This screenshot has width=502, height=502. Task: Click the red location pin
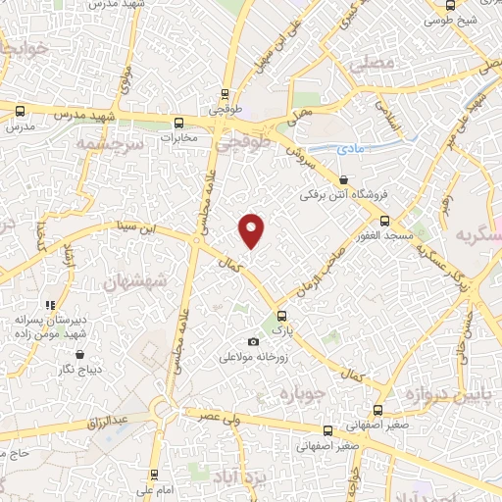pos(252,229)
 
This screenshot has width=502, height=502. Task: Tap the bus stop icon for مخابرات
pos(178,123)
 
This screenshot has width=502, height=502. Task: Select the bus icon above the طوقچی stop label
pos(226,96)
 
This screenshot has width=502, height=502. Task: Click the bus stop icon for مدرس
pos(21,111)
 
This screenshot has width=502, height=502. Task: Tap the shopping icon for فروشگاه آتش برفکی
pos(342,180)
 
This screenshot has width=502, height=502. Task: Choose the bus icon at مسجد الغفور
pos(385,220)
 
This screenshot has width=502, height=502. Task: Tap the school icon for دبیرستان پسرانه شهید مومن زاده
pos(50,306)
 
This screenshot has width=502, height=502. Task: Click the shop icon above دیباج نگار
pos(79,355)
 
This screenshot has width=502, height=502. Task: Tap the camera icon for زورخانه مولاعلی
pos(254,341)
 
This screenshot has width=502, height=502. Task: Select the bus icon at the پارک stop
pos(282,316)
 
